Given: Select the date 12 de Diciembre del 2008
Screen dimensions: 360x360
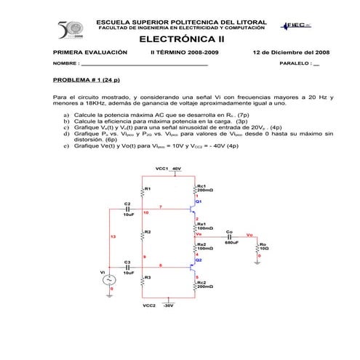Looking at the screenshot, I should point(291,52).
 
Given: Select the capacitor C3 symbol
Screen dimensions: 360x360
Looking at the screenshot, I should point(127,267).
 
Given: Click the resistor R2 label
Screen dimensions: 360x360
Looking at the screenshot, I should point(148,232).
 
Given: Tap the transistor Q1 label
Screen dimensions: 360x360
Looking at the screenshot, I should point(198,201).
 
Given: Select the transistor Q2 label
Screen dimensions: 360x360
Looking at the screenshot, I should point(198,260).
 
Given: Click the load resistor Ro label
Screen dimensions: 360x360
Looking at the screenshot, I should point(263,245).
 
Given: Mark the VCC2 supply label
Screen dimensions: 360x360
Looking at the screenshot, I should point(150,305).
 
